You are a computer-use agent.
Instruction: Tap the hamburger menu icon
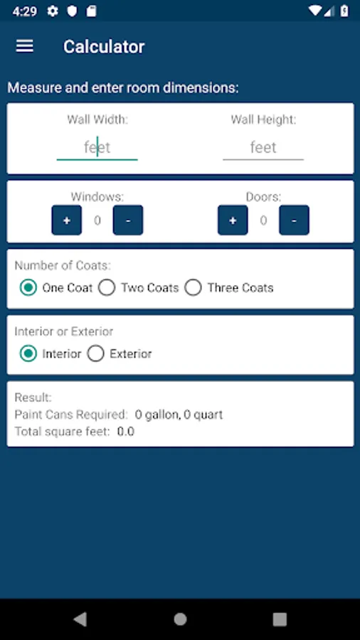[x=24, y=46]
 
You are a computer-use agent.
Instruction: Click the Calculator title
[x=104, y=46]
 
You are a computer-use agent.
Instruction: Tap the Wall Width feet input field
[x=97, y=147]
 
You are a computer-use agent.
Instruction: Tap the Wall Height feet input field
[x=263, y=147]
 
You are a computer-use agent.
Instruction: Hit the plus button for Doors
[x=233, y=220]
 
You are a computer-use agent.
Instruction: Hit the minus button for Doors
[x=295, y=220]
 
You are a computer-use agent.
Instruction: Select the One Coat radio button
[x=28, y=288]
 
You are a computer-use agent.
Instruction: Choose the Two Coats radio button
[x=107, y=288]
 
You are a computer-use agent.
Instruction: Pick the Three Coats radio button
[x=193, y=288]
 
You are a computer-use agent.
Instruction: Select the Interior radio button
[x=28, y=353]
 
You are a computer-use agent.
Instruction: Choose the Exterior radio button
[x=96, y=353]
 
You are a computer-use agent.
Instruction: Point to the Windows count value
[x=97, y=221]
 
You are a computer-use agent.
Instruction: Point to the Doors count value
[x=263, y=221]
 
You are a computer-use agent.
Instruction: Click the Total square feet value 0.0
[x=126, y=432]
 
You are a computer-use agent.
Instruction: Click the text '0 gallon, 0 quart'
[x=179, y=415]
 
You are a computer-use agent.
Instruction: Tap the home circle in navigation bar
[x=180, y=619]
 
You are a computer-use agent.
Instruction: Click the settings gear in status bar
[x=53, y=11]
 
